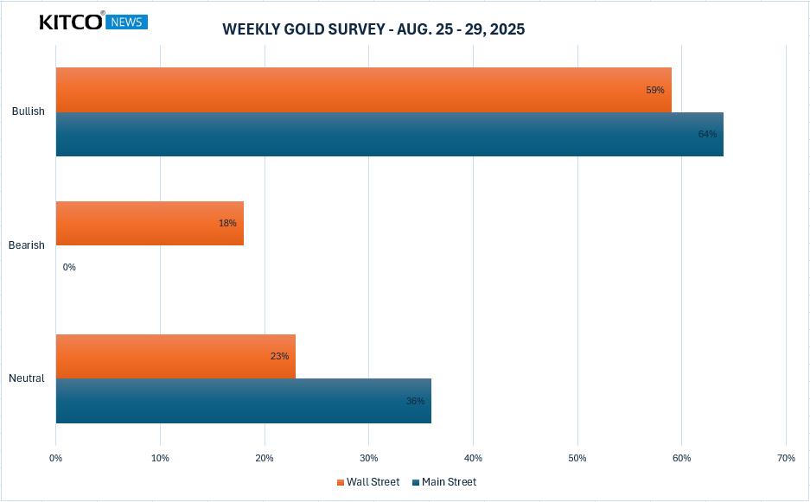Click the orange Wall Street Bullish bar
point(363,90)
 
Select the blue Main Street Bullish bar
point(389,134)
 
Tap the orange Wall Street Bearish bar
point(150,223)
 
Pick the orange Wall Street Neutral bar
point(175,356)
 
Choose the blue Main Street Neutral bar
point(243,401)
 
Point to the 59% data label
point(655,90)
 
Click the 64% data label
point(707,134)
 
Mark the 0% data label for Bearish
point(69,267)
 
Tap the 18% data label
point(227,223)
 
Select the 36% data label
point(415,401)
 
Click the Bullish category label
point(28,111)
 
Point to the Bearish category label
point(26,245)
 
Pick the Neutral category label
point(26,378)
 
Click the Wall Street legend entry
point(368,482)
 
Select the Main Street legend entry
point(444,482)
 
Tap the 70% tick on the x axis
point(786,458)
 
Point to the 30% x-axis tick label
point(369,458)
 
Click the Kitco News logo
point(93,22)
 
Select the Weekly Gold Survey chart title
point(373,29)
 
